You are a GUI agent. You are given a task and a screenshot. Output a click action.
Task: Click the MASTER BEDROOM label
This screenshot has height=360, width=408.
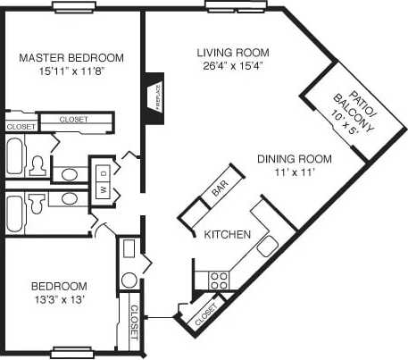[x=71, y=58]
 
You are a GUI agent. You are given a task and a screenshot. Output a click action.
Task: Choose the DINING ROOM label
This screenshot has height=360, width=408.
[x=294, y=159]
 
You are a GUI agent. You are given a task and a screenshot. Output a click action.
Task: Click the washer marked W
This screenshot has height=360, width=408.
[x=103, y=188]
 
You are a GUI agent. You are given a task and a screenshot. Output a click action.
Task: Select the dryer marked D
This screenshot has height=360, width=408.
[x=103, y=172]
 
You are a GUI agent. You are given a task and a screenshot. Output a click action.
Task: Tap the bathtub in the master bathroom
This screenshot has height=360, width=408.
[x=16, y=158]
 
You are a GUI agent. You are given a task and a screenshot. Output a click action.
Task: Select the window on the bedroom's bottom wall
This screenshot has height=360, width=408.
[x=72, y=350]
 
